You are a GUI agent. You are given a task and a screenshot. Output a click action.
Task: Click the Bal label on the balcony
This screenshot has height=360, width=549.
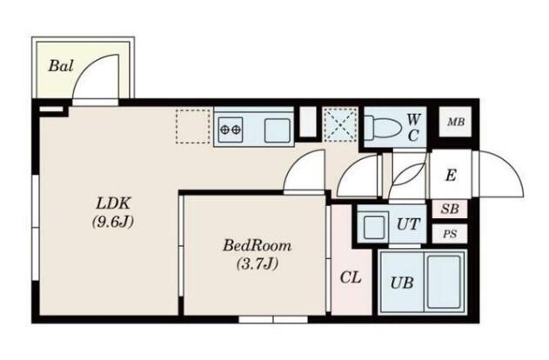(x=61, y=66)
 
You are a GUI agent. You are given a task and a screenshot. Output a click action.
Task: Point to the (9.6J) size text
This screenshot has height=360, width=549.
(x=113, y=222)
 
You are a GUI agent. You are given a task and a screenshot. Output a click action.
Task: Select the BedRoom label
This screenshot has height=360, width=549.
(x=257, y=245)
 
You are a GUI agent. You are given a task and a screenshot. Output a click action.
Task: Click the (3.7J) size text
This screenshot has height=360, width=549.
(x=258, y=263)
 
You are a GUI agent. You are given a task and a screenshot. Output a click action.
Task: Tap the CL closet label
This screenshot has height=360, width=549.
(x=351, y=277)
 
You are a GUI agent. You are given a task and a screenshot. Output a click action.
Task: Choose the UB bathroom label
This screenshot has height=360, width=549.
(x=402, y=283)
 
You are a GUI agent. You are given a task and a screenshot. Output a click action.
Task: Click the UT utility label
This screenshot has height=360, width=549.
(x=408, y=224)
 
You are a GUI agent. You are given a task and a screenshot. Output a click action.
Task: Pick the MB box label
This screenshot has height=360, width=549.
(x=456, y=122)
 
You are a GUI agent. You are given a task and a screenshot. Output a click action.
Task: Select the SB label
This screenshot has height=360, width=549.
(x=450, y=209)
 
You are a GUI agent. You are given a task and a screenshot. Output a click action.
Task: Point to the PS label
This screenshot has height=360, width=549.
(x=450, y=234)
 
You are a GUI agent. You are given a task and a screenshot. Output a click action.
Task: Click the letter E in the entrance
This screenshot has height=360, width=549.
(x=451, y=175)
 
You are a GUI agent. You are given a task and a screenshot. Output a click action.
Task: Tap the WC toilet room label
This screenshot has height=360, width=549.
(x=413, y=127)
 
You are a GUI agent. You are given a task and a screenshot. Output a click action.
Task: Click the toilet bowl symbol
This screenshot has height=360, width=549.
(x=383, y=127)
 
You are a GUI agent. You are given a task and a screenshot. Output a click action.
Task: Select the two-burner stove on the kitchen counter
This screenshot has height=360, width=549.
(x=231, y=130)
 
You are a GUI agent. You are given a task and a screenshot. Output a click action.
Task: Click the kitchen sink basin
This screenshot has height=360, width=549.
(x=278, y=130)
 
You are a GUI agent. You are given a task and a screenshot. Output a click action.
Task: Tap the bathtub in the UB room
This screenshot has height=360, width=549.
(x=444, y=282)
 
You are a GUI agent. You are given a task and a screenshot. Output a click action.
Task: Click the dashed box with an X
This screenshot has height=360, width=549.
(x=340, y=124)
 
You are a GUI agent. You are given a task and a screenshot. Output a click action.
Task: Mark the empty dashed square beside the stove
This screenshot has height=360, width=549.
(x=193, y=126)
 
